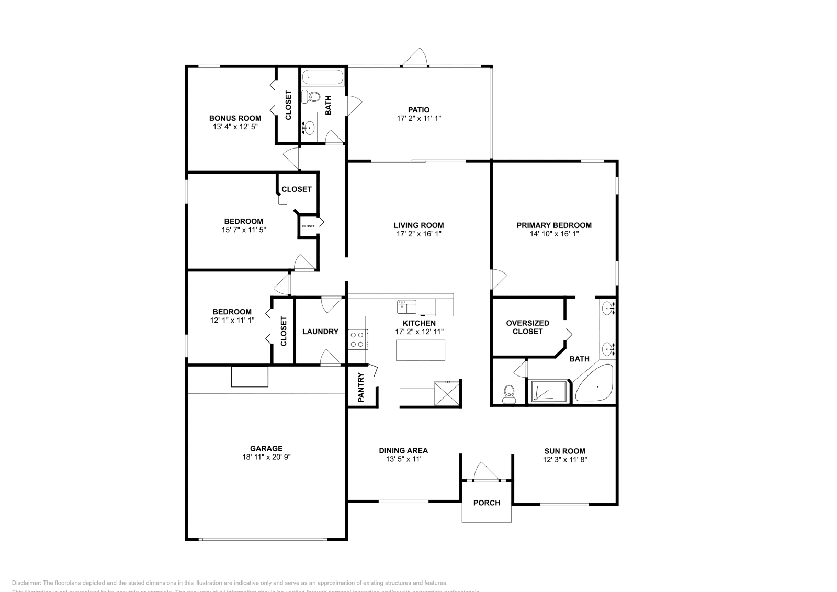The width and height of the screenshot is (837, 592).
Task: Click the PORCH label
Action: click(487, 503)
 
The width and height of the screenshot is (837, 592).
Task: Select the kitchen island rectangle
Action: click(421, 350)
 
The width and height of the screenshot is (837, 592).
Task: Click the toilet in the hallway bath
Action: click(312, 97)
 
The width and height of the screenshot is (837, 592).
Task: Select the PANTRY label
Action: click(360, 388)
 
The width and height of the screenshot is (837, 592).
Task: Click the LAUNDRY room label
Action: click(320, 332)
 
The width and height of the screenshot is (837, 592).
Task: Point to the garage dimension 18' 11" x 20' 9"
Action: click(266, 457)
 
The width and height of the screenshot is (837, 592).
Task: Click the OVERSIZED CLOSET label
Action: click(527, 327)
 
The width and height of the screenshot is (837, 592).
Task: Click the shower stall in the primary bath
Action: click(548, 392)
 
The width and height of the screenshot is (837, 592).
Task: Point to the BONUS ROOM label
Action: click(235, 118)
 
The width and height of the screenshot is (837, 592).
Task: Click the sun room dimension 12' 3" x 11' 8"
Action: click(564, 460)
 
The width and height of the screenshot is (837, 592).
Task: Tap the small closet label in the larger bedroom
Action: click(308, 226)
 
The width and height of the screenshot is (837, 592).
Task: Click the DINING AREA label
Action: click(403, 450)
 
